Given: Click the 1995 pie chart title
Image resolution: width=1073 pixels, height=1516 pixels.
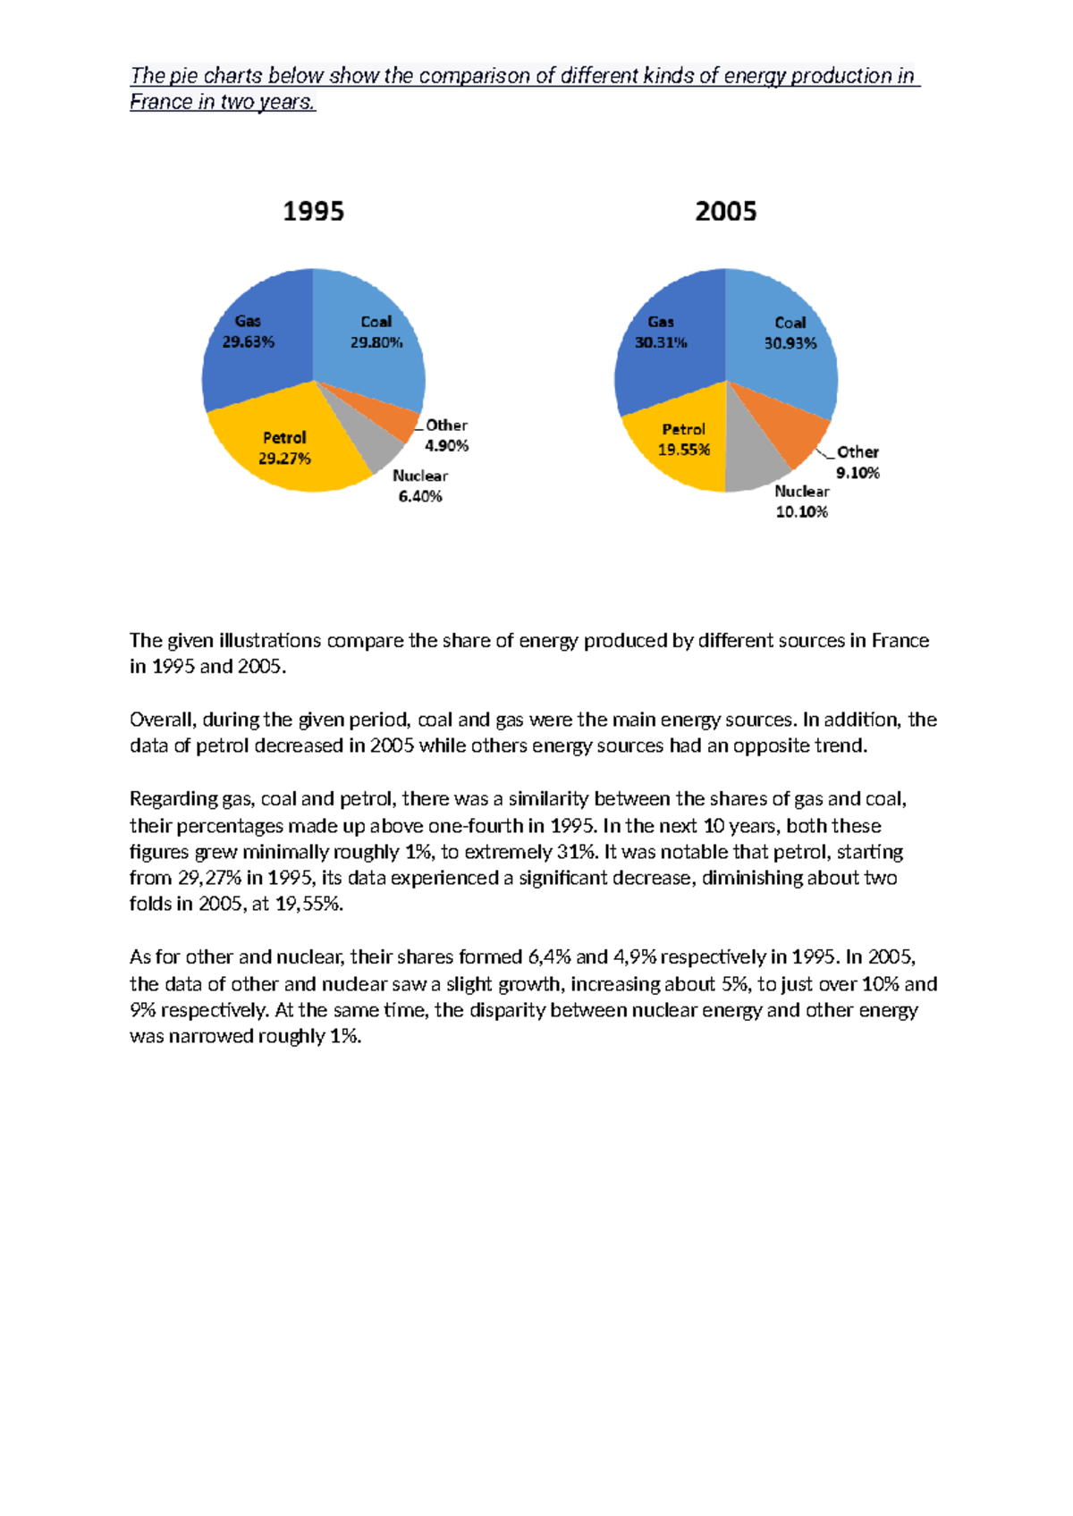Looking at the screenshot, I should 313,212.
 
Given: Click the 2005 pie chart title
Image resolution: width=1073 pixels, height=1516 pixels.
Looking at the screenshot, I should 725,212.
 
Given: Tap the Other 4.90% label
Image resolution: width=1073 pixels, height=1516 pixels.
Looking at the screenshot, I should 446,435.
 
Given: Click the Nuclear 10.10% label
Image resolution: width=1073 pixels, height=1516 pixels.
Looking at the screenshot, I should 801,501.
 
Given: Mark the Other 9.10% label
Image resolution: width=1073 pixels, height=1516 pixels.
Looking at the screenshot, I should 858,462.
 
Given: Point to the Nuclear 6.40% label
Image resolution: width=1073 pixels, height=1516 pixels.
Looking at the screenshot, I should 420,486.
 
